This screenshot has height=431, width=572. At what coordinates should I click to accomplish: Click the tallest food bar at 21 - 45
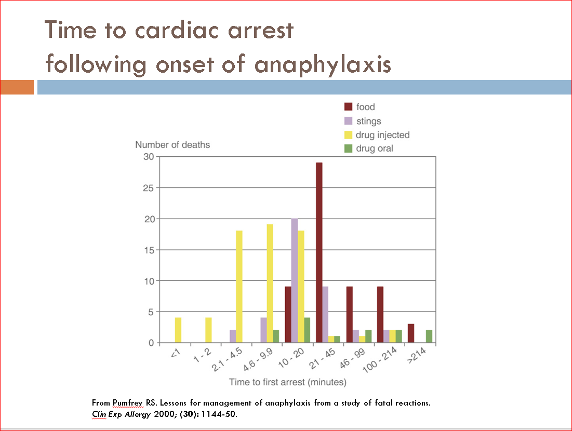point(319,253)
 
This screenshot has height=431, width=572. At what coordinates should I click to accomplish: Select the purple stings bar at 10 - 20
point(295,281)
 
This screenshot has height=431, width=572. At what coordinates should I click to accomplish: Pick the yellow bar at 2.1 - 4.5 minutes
point(240,287)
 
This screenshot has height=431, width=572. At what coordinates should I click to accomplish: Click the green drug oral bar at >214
point(429,336)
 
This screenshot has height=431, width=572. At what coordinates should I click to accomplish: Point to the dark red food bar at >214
point(410,333)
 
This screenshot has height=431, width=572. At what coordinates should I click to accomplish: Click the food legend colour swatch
point(349,107)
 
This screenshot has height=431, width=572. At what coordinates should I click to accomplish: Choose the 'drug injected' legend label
point(382,135)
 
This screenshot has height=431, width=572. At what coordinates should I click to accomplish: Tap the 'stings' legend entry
point(368,121)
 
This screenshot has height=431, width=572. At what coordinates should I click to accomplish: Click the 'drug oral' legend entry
point(374,149)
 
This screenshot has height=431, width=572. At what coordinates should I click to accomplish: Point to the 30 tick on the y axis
point(149,157)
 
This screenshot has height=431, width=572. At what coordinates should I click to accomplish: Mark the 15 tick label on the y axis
point(149,250)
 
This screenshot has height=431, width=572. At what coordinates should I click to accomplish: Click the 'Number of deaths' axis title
point(172,145)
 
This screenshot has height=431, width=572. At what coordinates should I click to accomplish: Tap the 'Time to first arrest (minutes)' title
point(288,382)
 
